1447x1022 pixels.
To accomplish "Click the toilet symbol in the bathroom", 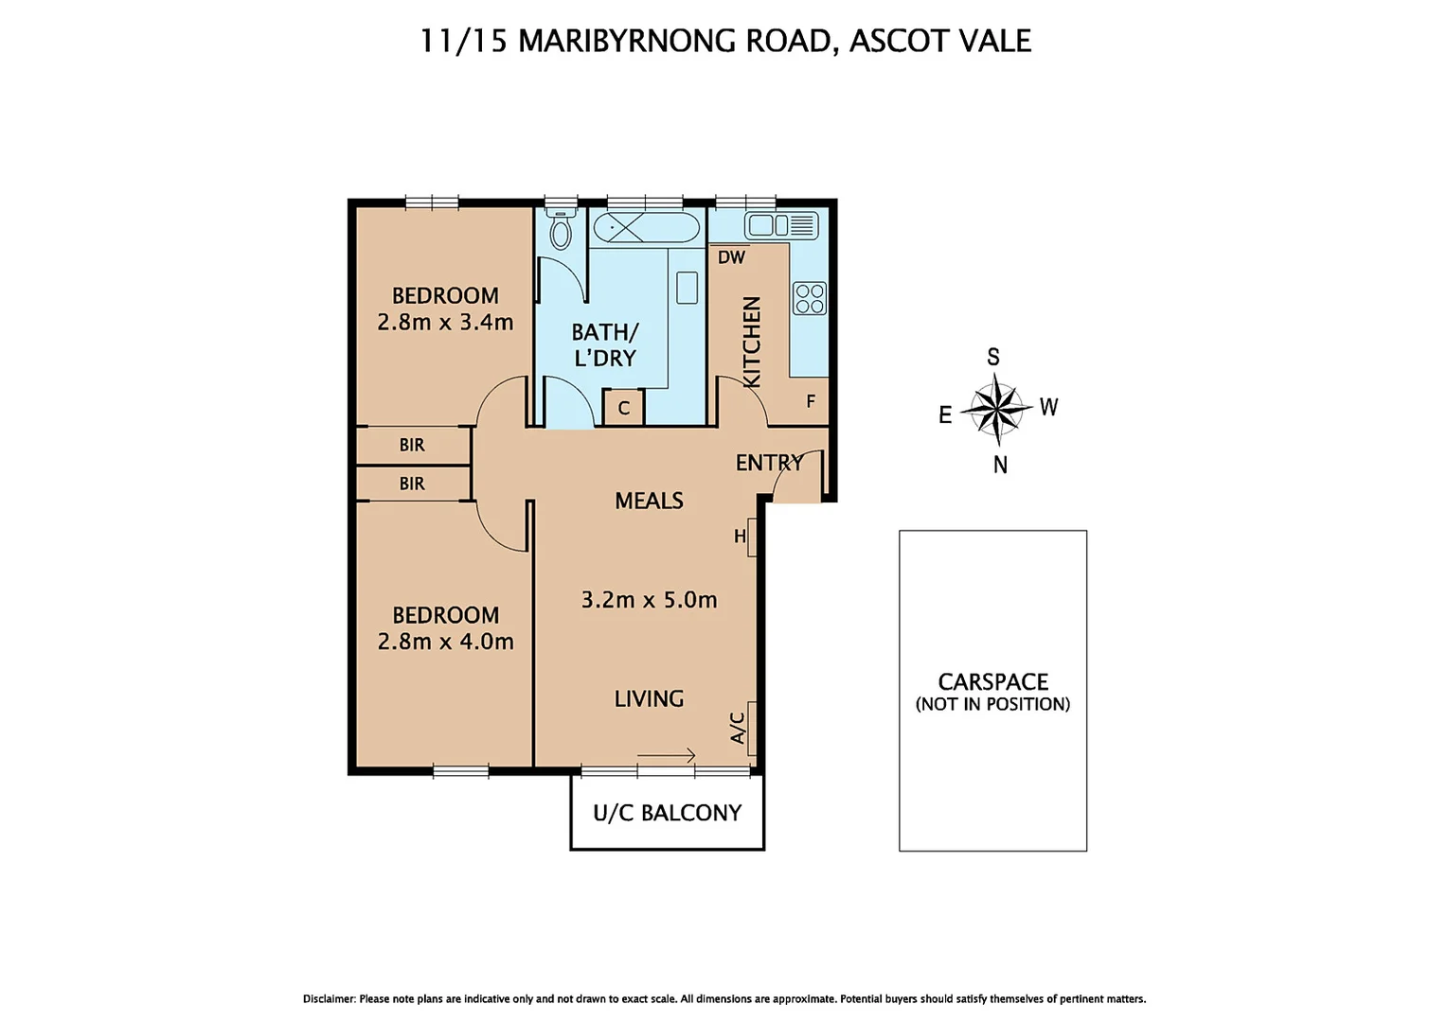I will [x=561, y=230].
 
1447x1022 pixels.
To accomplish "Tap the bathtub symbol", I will [x=647, y=228].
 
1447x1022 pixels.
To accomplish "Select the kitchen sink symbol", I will [x=781, y=225].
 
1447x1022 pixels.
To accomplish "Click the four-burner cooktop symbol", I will [x=810, y=298].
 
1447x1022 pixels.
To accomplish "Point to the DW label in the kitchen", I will [x=731, y=257].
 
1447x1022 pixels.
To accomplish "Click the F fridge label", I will [x=811, y=401].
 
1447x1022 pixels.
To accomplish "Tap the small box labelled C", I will [x=624, y=408].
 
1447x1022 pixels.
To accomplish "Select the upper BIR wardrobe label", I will [x=412, y=445].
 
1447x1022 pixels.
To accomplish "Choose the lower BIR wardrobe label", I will [x=412, y=484].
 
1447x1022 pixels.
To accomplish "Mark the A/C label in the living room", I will [x=739, y=728].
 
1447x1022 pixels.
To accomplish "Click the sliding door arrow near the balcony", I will [x=667, y=755].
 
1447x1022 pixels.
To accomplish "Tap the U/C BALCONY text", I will [x=667, y=813].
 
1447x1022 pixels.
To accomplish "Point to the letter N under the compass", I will [x=1000, y=465].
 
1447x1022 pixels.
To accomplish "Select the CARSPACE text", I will [x=992, y=681].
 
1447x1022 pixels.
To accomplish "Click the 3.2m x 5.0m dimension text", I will [x=649, y=600].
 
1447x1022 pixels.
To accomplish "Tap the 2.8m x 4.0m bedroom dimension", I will [x=445, y=642].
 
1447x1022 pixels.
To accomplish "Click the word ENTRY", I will [x=769, y=463].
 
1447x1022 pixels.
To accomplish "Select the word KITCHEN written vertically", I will [x=752, y=342].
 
